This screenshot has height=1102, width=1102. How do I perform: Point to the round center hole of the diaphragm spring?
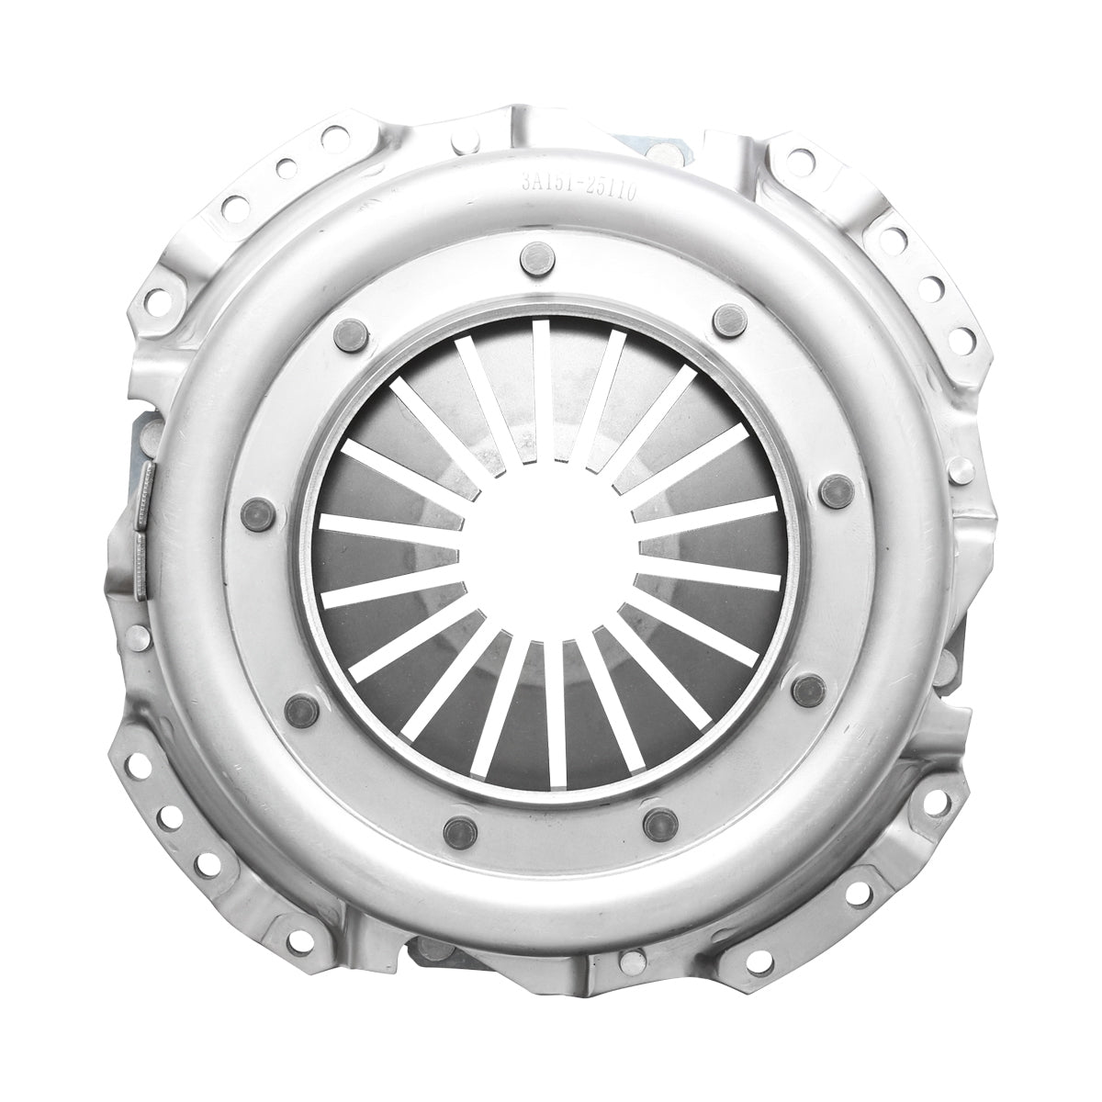(x=548, y=548)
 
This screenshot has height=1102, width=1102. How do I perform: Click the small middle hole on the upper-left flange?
(x=286, y=169)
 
